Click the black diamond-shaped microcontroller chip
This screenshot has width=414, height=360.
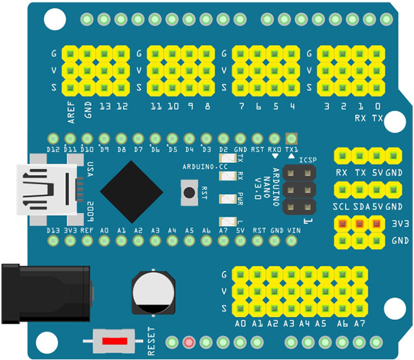132,193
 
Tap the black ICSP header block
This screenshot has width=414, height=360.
298,190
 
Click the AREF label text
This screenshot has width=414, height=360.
71,111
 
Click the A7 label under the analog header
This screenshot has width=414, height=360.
360,323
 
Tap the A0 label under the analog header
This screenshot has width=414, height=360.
241,323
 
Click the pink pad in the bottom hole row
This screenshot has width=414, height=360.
189,343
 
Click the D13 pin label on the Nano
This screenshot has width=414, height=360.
54,230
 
